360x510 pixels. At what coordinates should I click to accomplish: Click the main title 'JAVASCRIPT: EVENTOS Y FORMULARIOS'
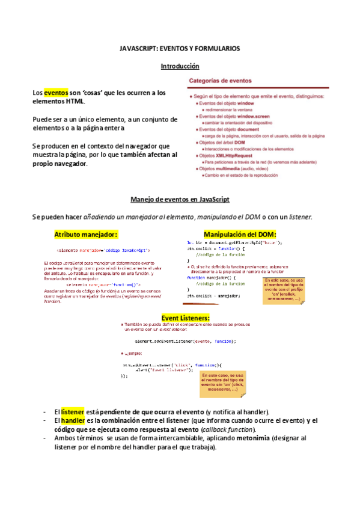(x=180, y=48)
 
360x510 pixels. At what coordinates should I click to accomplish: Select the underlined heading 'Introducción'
(x=180, y=66)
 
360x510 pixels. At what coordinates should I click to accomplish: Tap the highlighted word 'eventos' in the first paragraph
(x=56, y=93)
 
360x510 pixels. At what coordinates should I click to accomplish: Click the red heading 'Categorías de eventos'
(x=221, y=81)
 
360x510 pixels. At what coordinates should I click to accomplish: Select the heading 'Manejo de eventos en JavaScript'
(x=180, y=199)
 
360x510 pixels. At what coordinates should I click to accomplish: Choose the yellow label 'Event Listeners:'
(x=186, y=317)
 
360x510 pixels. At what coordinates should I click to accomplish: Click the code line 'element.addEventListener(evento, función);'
(x=176, y=341)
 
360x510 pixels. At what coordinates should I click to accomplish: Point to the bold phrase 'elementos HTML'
(x=58, y=102)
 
